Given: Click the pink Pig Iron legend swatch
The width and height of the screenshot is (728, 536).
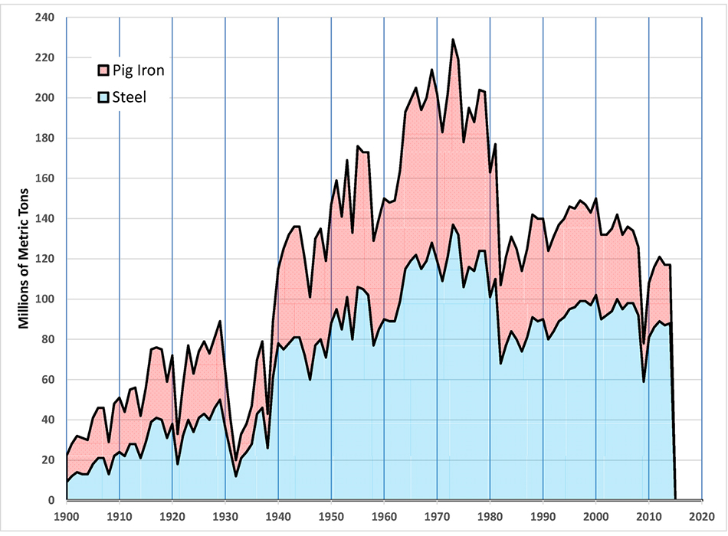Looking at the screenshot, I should point(105,71).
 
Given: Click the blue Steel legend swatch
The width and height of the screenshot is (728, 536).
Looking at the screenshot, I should point(105,98).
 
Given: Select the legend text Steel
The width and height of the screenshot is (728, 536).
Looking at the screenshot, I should point(131,98).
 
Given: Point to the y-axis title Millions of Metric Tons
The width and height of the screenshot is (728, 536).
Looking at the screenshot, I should point(24,258).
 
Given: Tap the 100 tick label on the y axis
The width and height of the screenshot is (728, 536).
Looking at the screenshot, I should point(47,299).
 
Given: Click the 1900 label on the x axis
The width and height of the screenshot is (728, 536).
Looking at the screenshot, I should point(67,518).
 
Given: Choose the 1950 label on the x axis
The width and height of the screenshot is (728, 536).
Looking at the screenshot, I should point(331,518).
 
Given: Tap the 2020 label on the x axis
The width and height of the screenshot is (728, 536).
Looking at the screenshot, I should point(702,518).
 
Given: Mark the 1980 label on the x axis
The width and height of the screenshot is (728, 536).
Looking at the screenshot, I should point(490,518).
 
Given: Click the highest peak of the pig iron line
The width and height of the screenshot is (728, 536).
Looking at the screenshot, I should point(453,39).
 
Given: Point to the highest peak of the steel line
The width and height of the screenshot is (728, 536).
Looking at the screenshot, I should point(453,224).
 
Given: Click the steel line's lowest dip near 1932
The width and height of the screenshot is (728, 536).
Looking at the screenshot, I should point(236,476).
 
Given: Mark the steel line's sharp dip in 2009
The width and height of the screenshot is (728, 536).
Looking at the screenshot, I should point(644,381).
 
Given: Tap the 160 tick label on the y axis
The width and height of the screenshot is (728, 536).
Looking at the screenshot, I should point(47,178).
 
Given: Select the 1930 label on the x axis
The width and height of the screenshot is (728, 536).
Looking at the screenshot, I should point(225,518).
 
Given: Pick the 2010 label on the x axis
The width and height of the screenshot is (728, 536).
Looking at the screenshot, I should point(649,518).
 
